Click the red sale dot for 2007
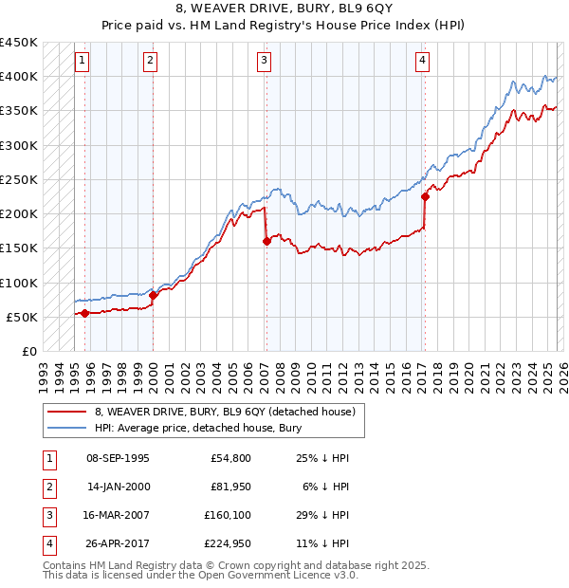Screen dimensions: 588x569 click(x=266, y=241)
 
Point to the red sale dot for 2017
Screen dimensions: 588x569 click(x=425, y=196)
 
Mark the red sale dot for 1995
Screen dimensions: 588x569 click(x=85, y=313)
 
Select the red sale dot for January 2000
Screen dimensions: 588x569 click(x=154, y=295)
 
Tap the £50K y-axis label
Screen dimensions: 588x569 click(x=23, y=317)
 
